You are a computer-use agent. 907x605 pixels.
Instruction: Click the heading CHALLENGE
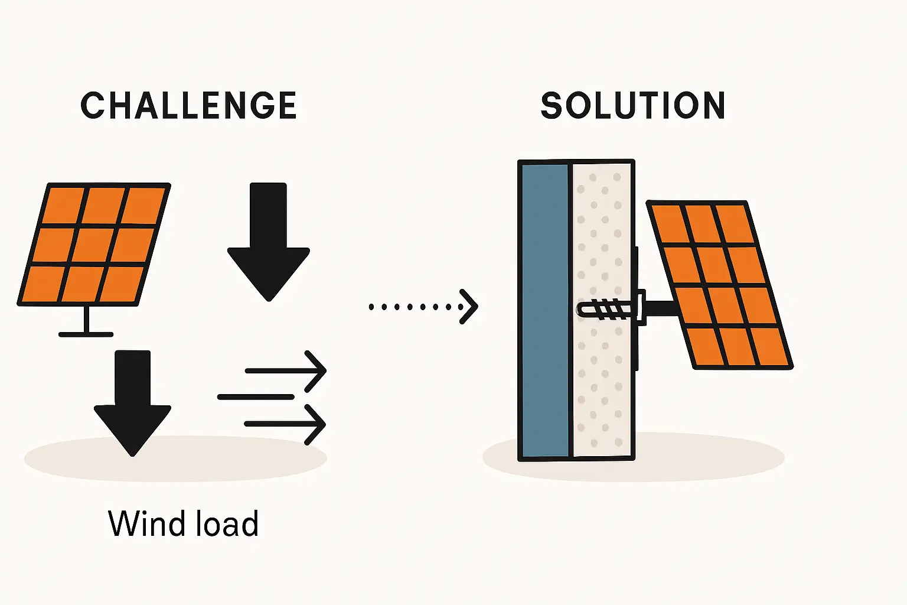pyautogui.click(x=188, y=106)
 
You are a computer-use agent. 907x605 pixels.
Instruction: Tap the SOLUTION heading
pyautogui.click(x=632, y=106)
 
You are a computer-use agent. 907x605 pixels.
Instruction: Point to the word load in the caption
pyautogui.click(x=228, y=523)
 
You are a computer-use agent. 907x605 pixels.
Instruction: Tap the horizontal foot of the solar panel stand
pyautogui.click(x=86, y=334)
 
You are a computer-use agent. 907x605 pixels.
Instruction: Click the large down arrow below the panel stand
pyautogui.click(x=133, y=402)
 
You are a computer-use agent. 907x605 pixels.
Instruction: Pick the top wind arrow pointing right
pyautogui.click(x=286, y=371)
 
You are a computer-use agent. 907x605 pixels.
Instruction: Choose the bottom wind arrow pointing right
pyautogui.click(x=286, y=424)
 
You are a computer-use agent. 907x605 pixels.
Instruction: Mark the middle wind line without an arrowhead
pyautogui.click(x=256, y=397)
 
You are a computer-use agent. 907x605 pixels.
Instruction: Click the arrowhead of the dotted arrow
pyautogui.click(x=469, y=307)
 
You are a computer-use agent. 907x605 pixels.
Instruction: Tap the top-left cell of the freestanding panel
pyautogui.click(x=64, y=205)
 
